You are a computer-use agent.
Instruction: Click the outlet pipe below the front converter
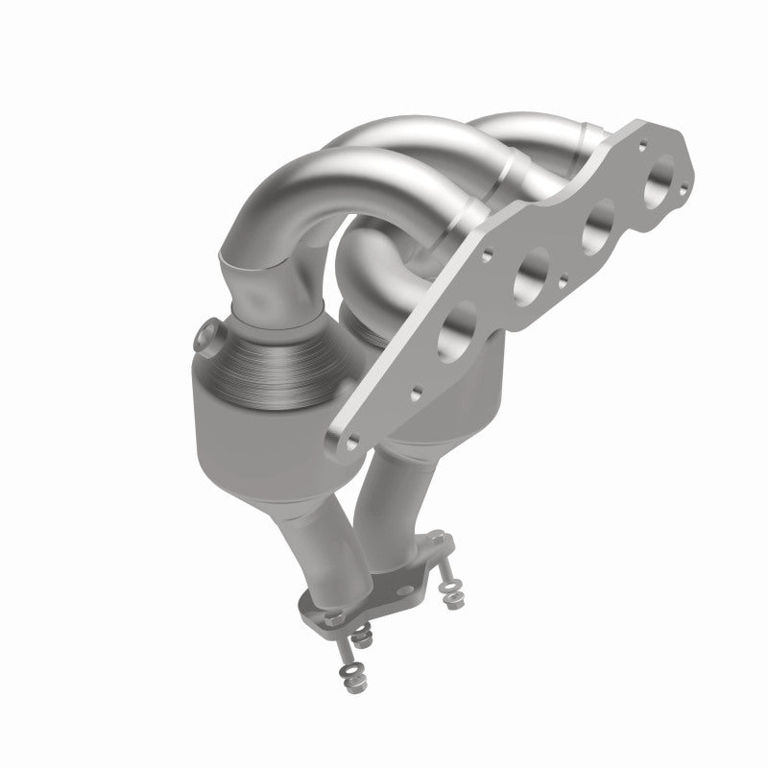326,538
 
